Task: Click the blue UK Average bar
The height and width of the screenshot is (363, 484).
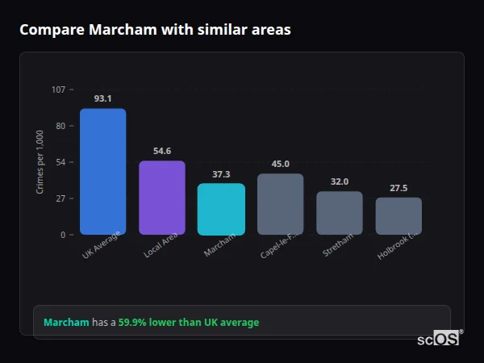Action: coord(102,172)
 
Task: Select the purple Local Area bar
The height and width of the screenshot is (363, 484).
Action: coord(162,198)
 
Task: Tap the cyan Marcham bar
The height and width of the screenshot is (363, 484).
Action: coord(221,209)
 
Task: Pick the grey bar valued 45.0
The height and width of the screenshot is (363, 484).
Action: coord(280,204)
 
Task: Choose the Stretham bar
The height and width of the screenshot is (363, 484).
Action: coord(340,213)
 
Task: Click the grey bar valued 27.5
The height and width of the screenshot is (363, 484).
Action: coord(398,216)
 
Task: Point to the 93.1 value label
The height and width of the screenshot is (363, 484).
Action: coord(102,98)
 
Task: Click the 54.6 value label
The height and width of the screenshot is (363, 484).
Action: coord(162,151)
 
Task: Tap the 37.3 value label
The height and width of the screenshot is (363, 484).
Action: coord(221,174)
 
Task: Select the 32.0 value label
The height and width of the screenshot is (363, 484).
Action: coord(340,181)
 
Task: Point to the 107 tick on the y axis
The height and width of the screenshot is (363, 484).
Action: coord(58,90)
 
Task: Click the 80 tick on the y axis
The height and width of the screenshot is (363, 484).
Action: coord(60,126)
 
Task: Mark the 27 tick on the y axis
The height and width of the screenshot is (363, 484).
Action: coord(60,198)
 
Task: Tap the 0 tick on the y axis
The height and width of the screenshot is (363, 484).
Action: coord(62,235)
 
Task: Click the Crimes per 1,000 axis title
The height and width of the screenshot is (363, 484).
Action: coord(40,162)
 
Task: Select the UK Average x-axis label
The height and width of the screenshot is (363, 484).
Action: coord(102,246)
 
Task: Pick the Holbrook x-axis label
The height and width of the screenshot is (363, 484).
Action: coord(398,247)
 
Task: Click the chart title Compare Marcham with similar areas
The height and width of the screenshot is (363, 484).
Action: coord(155,30)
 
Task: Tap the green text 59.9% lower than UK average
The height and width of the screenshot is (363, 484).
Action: coord(189,323)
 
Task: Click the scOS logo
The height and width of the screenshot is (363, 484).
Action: coord(439,339)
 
